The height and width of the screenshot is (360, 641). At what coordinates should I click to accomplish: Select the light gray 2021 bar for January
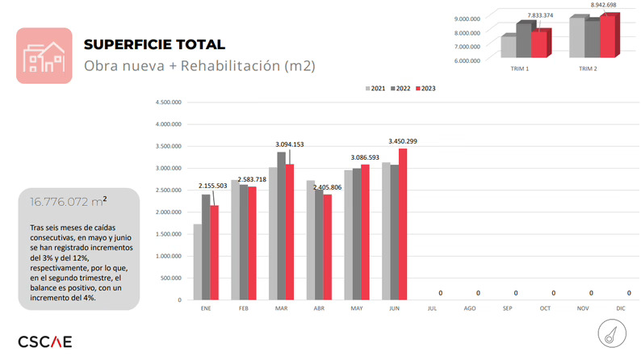click(x=198, y=262)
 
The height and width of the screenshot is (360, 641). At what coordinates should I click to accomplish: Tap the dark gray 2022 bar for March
click(x=281, y=226)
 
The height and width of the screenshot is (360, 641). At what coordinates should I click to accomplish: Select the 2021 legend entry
click(x=375, y=88)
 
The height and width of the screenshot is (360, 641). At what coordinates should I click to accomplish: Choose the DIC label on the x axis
click(x=621, y=308)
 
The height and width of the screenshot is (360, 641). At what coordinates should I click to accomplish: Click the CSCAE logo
click(x=45, y=341)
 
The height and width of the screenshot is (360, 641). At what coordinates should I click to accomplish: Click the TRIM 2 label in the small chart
click(x=588, y=69)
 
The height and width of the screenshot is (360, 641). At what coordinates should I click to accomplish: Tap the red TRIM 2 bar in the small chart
click(x=606, y=38)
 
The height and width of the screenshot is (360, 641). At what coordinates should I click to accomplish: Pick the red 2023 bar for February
click(x=252, y=243)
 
